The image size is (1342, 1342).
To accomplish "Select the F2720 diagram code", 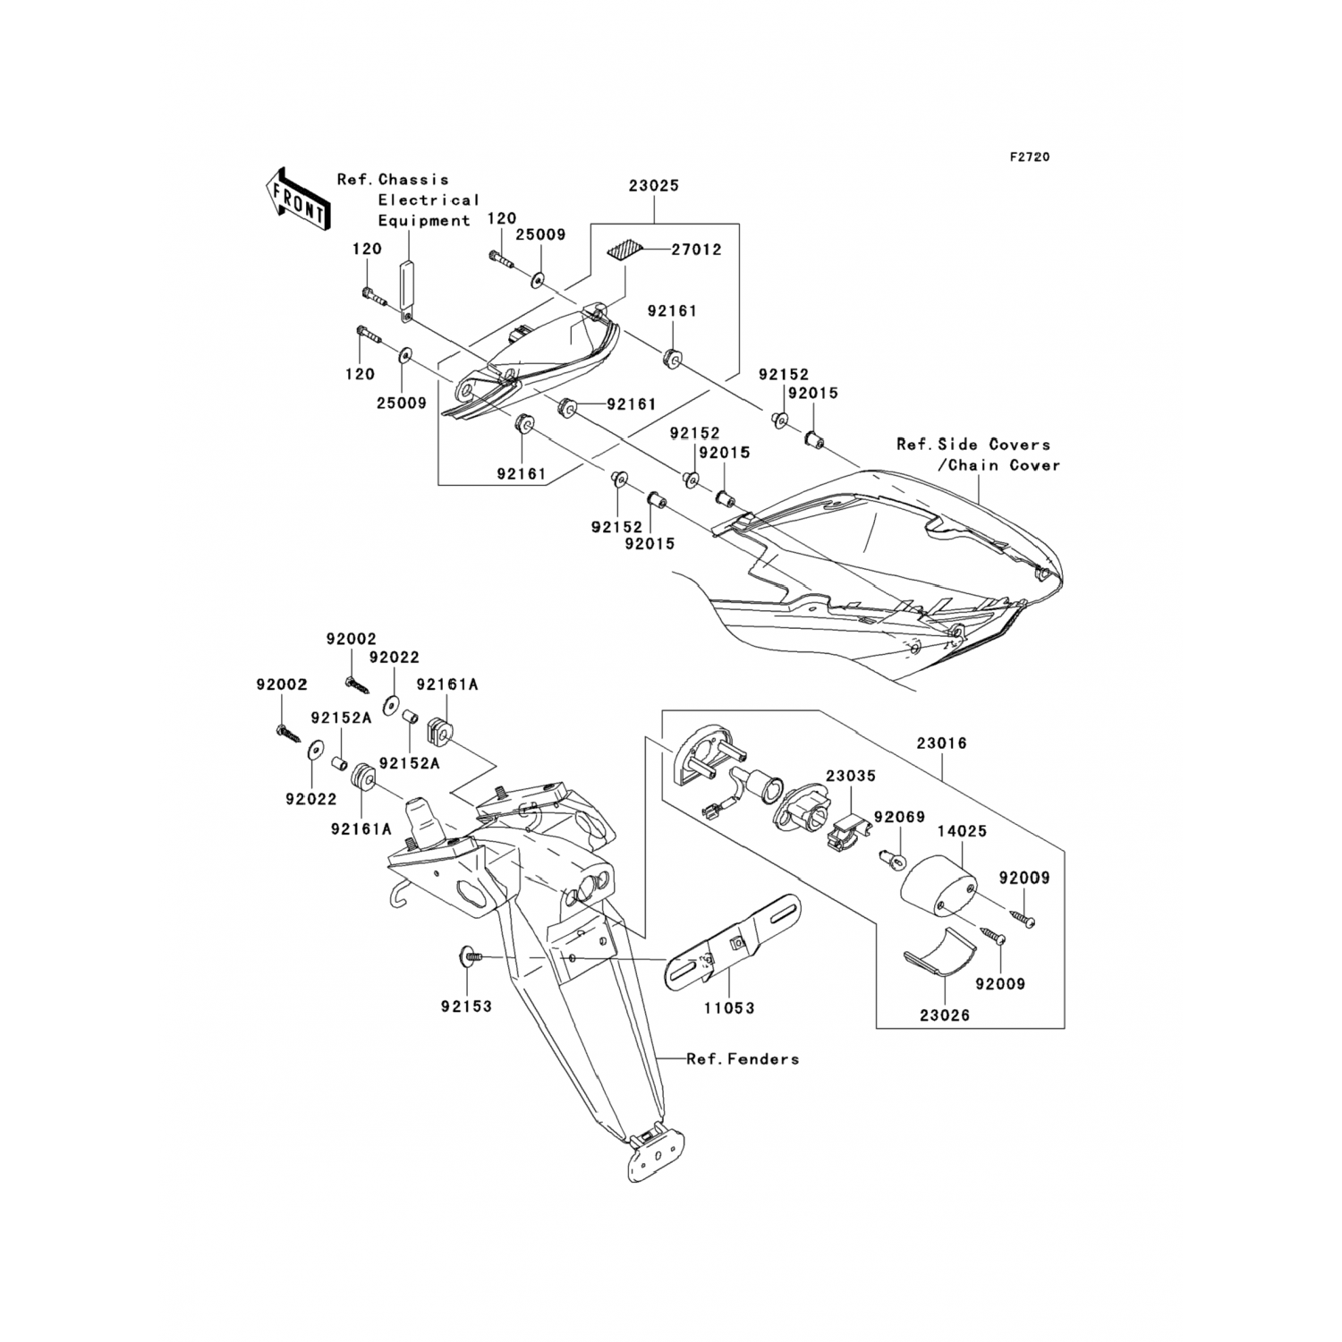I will [1030, 157].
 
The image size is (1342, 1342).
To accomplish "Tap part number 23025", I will [653, 186].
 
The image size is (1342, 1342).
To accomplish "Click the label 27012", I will [696, 250].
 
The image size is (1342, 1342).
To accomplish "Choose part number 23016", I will [940, 743].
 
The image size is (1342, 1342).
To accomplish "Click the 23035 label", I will [850, 777].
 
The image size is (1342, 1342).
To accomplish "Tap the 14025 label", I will [962, 831].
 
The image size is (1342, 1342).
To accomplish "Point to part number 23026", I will [944, 1016].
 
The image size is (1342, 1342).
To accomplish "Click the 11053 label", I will [729, 1007].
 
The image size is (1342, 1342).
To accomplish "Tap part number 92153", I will [466, 1007].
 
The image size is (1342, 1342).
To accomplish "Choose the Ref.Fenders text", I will [743, 1059].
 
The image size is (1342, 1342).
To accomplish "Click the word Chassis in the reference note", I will [413, 180].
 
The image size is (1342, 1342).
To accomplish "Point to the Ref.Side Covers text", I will [973, 445].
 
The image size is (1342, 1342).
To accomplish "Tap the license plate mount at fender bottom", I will [652, 1151].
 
